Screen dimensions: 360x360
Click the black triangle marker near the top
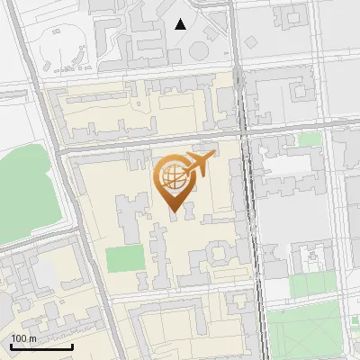coord(181,24)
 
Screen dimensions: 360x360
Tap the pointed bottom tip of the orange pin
coord(173,211)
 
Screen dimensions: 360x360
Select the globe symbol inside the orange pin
coord(172,176)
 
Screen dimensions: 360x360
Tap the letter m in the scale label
coord(32,338)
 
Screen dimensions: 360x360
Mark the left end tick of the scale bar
coord(11,346)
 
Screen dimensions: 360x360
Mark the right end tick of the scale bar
coord(72,346)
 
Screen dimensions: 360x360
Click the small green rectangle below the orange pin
coord(125,259)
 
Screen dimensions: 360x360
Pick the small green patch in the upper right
coord(310,139)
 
